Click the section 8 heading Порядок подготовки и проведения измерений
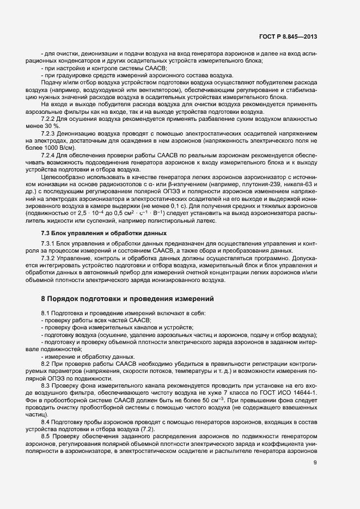127,298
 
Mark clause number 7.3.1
50,243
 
